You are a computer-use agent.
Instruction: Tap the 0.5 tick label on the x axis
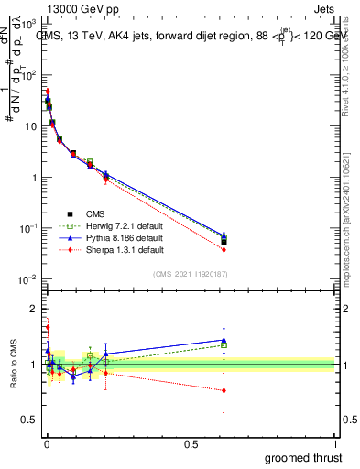(191, 442)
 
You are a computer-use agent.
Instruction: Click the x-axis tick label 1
(335, 442)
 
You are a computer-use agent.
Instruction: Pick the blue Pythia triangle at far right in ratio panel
(224, 340)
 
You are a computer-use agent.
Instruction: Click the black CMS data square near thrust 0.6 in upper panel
(224, 242)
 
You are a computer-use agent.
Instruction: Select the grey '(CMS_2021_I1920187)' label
(190, 274)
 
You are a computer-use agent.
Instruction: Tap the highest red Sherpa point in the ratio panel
(48, 327)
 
